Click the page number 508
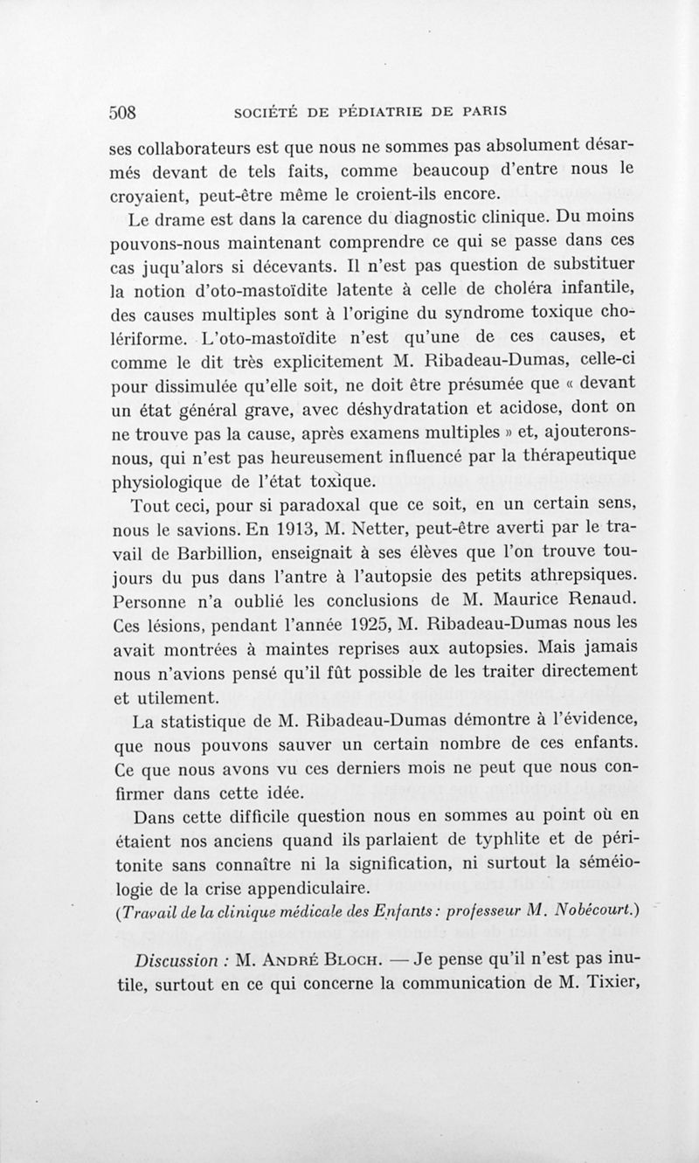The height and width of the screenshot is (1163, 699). (x=124, y=113)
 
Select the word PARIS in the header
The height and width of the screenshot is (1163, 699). (x=484, y=112)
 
